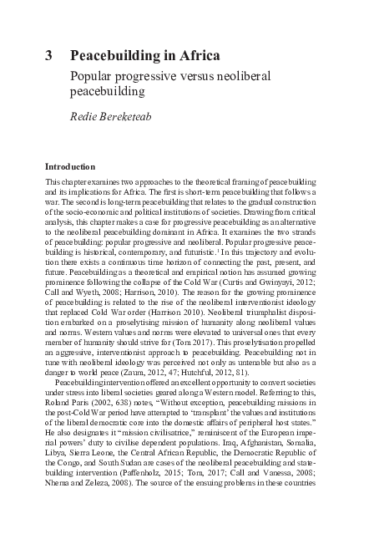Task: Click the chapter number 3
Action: coord(49,57)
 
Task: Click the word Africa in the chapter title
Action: coord(198,57)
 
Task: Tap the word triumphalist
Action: coord(263,319)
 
